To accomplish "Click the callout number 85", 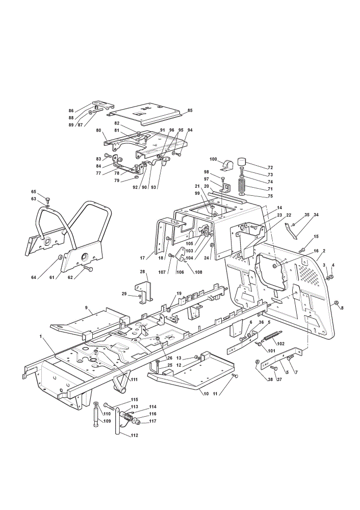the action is tap(190, 110).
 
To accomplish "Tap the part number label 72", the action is tap(270, 168).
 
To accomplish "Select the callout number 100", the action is tap(213, 159).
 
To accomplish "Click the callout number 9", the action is tap(87, 308).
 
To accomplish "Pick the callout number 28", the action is tap(142, 271).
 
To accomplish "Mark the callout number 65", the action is tap(34, 192).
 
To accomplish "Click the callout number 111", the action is tap(134, 379).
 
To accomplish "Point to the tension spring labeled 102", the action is tap(273, 336).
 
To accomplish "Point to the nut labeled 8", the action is tap(336, 303).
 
